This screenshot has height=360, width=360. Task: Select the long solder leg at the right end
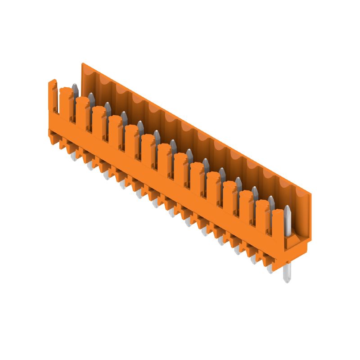pyautogui.click(x=287, y=273)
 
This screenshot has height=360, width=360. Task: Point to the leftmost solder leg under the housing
pyautogui.click(x=73, y=156)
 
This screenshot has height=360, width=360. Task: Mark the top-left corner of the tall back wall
pyautogui.click(x=83, y=64)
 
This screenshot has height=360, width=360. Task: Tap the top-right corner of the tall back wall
pyautogui.click(x=310, y=193)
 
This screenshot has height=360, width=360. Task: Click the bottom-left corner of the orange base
pyautogui.click(x=50, y=142)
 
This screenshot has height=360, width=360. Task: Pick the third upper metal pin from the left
pyautogui.click(x=108, y=107)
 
